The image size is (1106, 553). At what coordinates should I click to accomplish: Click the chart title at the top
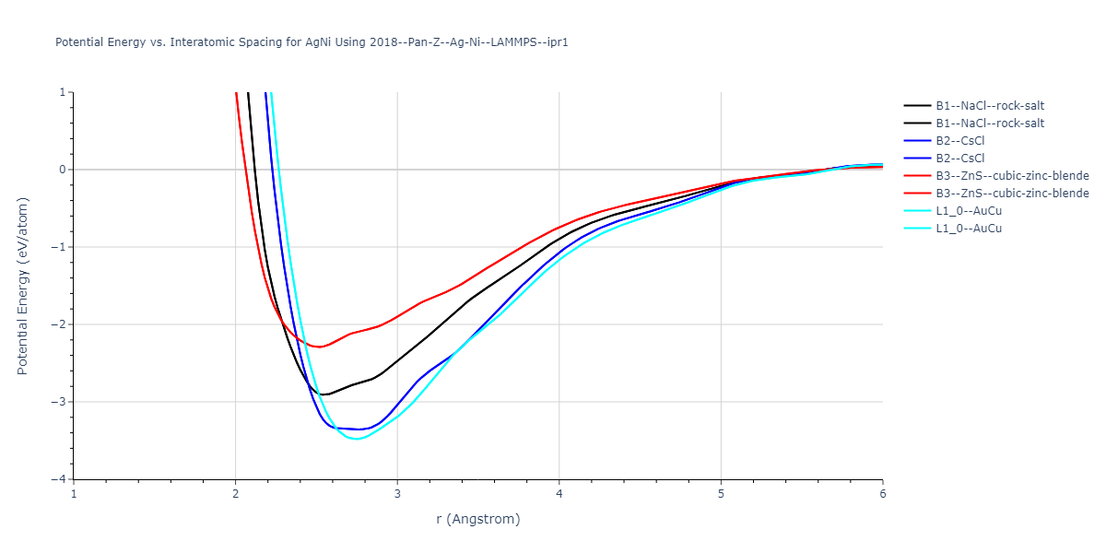(x=312, y=42)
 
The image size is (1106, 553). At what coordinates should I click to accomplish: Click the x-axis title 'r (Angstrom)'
(x=478, y=519)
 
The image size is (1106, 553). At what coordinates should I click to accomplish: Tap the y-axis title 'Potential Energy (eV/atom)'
(x=23, y=286)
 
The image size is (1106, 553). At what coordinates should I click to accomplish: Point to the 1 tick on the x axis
(x=74, y=493)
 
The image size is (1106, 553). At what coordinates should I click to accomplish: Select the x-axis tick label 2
(x=236, y=493)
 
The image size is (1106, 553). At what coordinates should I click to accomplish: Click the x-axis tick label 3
(x=397, y=493)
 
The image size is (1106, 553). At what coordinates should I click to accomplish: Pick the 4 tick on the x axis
(x=559, y=493)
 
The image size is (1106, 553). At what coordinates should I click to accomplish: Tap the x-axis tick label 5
(x=721, y=493)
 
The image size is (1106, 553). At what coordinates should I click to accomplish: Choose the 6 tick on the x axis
(x=883, y=493)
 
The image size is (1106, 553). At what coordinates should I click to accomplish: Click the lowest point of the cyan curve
(x=356, y=439)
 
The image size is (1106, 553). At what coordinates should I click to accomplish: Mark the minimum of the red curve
(x=319, y=347)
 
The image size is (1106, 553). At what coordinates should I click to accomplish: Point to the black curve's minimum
(x=323, y=394)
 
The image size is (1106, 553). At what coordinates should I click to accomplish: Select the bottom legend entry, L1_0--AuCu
(x=968, y=229)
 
